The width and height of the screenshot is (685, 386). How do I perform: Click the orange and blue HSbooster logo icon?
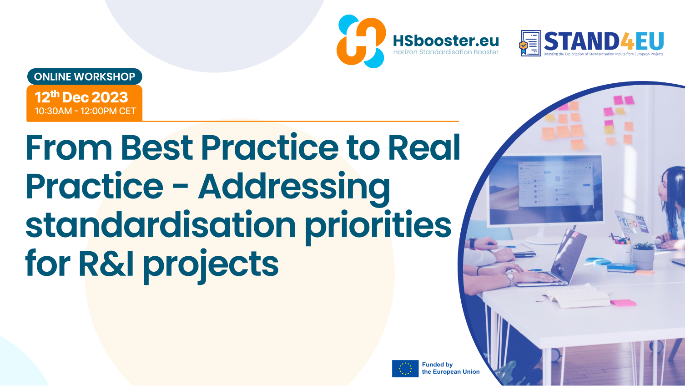(x=361, y=41)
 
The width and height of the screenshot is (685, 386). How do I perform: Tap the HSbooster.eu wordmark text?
(x=446, y=41)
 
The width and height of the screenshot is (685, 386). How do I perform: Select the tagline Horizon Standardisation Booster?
(x=446, y=52)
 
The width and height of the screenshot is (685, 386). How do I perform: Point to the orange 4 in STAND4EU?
(x=627, y=41)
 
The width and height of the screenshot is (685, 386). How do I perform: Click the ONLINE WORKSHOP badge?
(x=85, y=76)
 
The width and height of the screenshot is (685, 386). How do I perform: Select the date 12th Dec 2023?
(x=81, y=97)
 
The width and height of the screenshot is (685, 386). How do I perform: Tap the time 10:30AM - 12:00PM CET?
(x=86, y=111)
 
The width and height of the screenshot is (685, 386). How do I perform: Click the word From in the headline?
(x=69, y=147)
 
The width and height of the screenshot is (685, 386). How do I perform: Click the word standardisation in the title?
(x=161, y=224)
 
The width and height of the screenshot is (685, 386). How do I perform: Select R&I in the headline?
(x=106, y=263)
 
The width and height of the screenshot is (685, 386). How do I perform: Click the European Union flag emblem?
(x=405, y=369)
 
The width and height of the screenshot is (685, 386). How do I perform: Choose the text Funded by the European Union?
(x=451, y=368)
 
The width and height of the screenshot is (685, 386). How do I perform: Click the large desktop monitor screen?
(x=545, y=190)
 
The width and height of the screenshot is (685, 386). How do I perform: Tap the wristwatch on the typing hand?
(x=510, y=279)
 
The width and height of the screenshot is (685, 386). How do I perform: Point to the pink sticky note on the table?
(x=623, y=303)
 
